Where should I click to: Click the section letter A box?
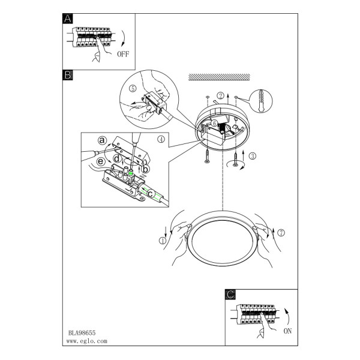click(x=67, y=19)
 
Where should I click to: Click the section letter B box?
click(x=67, y=75)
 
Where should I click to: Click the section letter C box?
click(x=230, y=295)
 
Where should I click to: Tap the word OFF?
click(x=123, y=54)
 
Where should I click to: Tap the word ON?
click(x=287, y=331)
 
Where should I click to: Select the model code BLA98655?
click(x=82, y=333)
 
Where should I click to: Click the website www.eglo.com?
click(x=87, y=341)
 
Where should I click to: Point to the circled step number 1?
click(x=163, y=241)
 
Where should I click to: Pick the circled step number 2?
click(x=221, y=95)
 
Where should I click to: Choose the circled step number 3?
click(x=253, y=156)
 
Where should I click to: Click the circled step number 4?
click(x=161, y=139)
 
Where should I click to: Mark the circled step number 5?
click(x=133, y=88)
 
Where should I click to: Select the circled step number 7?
click(x=281, y=233)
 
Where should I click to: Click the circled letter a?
click(x=102, y=140)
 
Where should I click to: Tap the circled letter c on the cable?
click(x=151, y=194)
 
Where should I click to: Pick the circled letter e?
click(x=101, y=161)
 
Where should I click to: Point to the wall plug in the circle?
click(x=260, y=100)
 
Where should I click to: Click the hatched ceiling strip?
click(x=219, y=77)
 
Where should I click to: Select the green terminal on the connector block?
click(x=131, y=172)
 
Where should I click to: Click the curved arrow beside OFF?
click(x=124, y=38)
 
